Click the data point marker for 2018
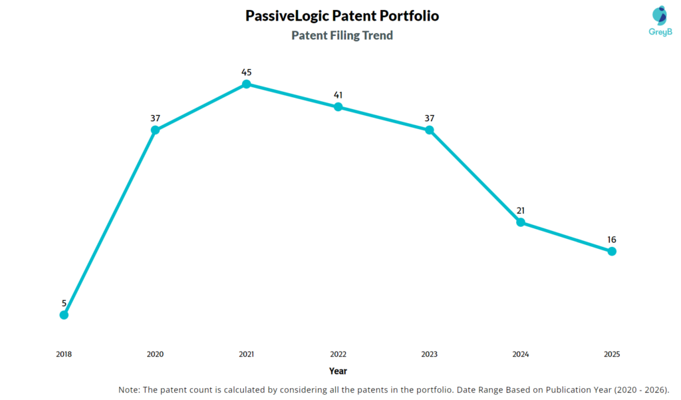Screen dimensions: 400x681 [x=64, y=315]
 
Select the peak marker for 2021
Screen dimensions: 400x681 [x=247, y=84]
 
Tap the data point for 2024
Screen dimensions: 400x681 [x=521, y=222]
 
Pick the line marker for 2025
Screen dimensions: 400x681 [x=612, y=251]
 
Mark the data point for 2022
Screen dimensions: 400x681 [x=338, y=106]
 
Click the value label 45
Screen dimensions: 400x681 [x=247, y=72]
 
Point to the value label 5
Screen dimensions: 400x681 [x=64, y=303]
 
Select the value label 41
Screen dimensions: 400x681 [x=338, y=95]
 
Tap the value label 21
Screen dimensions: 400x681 [x=521, y=210]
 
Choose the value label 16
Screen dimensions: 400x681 [x=612, y=240]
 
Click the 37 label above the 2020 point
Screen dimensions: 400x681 [x=155, y=118]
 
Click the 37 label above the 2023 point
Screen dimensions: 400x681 [x=429, y=118]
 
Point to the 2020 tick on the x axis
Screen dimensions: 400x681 [x=155, y=355]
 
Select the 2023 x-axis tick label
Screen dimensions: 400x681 [x=429, y=355]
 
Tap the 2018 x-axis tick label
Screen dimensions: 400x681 [x=64, y=355]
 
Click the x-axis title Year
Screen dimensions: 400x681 [x=338, y=371]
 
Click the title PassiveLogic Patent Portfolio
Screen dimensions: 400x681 [x=342, y=15]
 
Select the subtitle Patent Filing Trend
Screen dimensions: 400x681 [x=342, y=35]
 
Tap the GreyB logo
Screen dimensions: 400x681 [x=658, y=21]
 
